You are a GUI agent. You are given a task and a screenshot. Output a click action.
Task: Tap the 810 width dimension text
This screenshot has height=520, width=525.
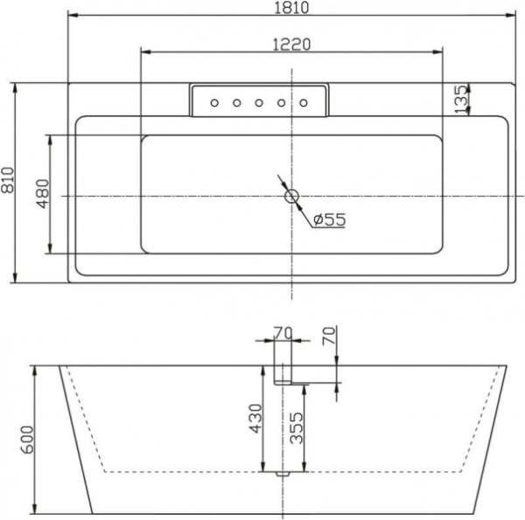click(x=8, y=184)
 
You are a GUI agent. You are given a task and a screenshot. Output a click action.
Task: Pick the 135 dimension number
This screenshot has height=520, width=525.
click(x=460, y=99)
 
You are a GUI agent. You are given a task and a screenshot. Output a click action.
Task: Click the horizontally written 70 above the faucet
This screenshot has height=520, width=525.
click(x=283, y=331)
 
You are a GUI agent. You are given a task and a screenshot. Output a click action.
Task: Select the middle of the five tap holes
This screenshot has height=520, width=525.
click(x=259, y=103)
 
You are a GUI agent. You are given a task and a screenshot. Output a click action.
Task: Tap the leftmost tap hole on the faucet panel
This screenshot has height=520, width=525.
click(x=213, y=103)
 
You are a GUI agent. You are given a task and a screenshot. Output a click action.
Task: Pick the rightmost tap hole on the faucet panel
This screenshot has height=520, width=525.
click(x=304, y=103)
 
